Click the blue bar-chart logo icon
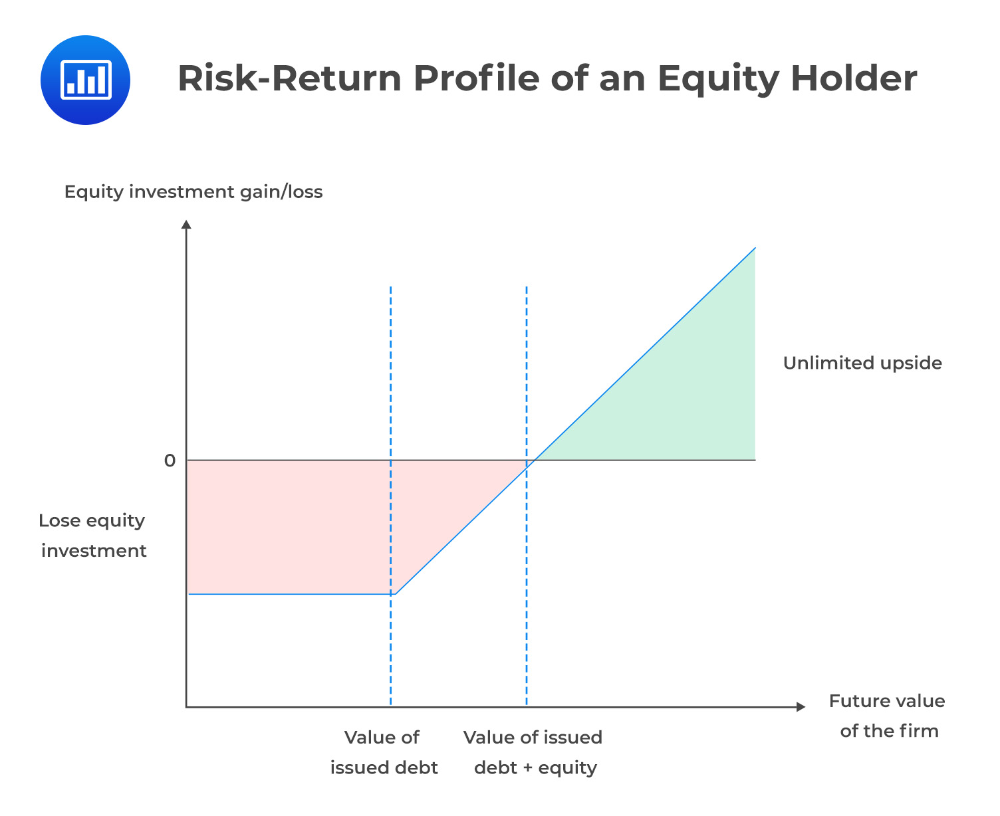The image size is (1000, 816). click(85, 80)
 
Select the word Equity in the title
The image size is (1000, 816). click(717, 80)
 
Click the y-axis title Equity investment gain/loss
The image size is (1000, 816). click(193, 192)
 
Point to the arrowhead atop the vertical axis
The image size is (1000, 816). click(187, 225)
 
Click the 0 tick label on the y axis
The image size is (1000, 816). click(170, 460)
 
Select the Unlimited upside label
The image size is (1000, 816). click(862, 363)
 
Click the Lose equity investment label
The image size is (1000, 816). click(92, 536)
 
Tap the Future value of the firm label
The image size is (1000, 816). click(888, 716)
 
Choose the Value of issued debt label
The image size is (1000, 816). click(383, 752)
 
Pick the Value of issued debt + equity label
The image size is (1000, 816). click(533, 752)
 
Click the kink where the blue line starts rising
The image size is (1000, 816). click(396, 594)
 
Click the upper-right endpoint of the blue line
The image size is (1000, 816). click(755, 248)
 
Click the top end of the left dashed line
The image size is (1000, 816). click(391, 288)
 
